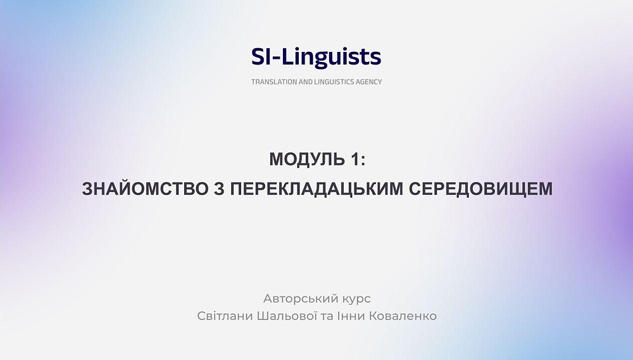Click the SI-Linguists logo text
click(x=316, y=57)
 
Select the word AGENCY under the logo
click(x=370, y=82)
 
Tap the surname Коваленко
click(x=405, y=315)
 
